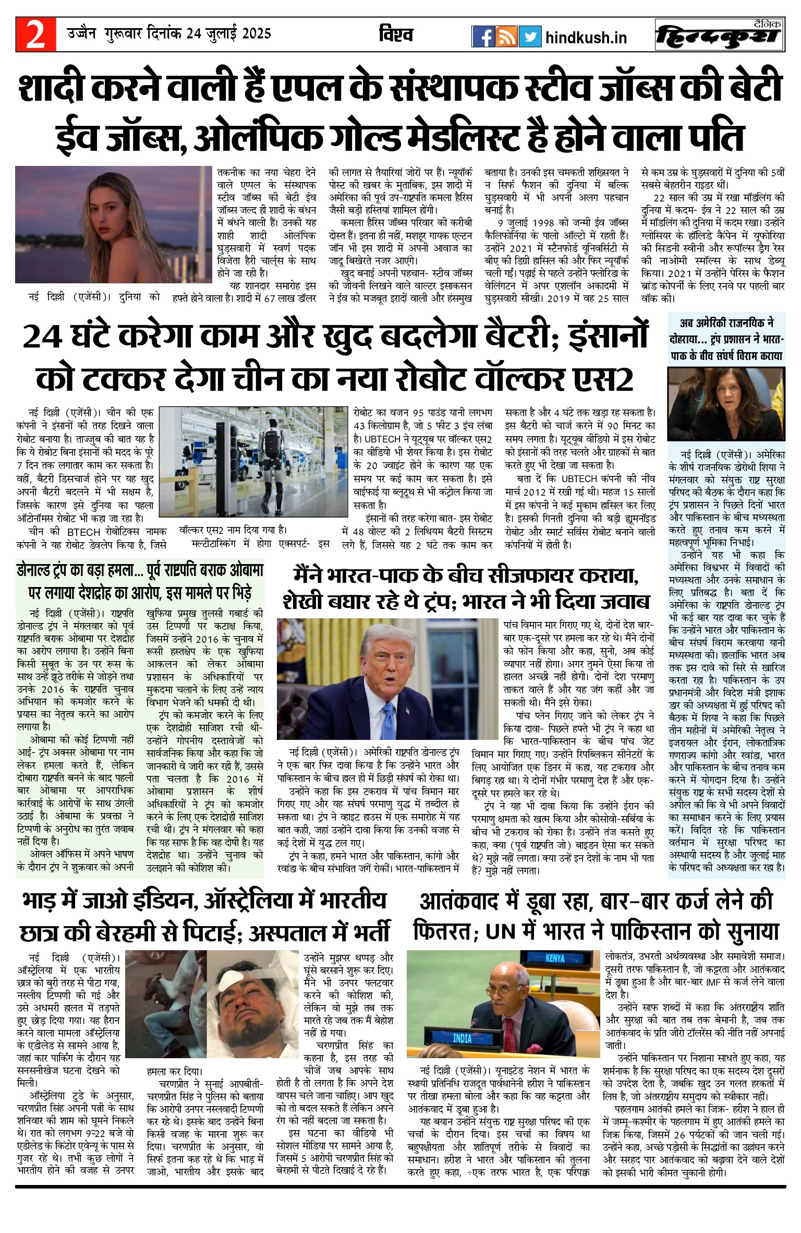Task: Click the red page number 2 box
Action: click(x=35, y=34)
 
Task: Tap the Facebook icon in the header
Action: click(x=483, y=37)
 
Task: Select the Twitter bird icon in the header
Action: click(x=530, y=37)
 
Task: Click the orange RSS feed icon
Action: click(x=506, y=37)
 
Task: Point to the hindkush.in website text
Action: click(x=586, y=38)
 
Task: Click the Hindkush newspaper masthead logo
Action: click(x=720, y=35)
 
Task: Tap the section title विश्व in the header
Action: click(x=396, y=35)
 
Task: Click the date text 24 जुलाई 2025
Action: click(x=229, y=34)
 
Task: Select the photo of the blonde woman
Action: click(x=113, y=224)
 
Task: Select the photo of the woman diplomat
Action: click(x=726, y=404)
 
